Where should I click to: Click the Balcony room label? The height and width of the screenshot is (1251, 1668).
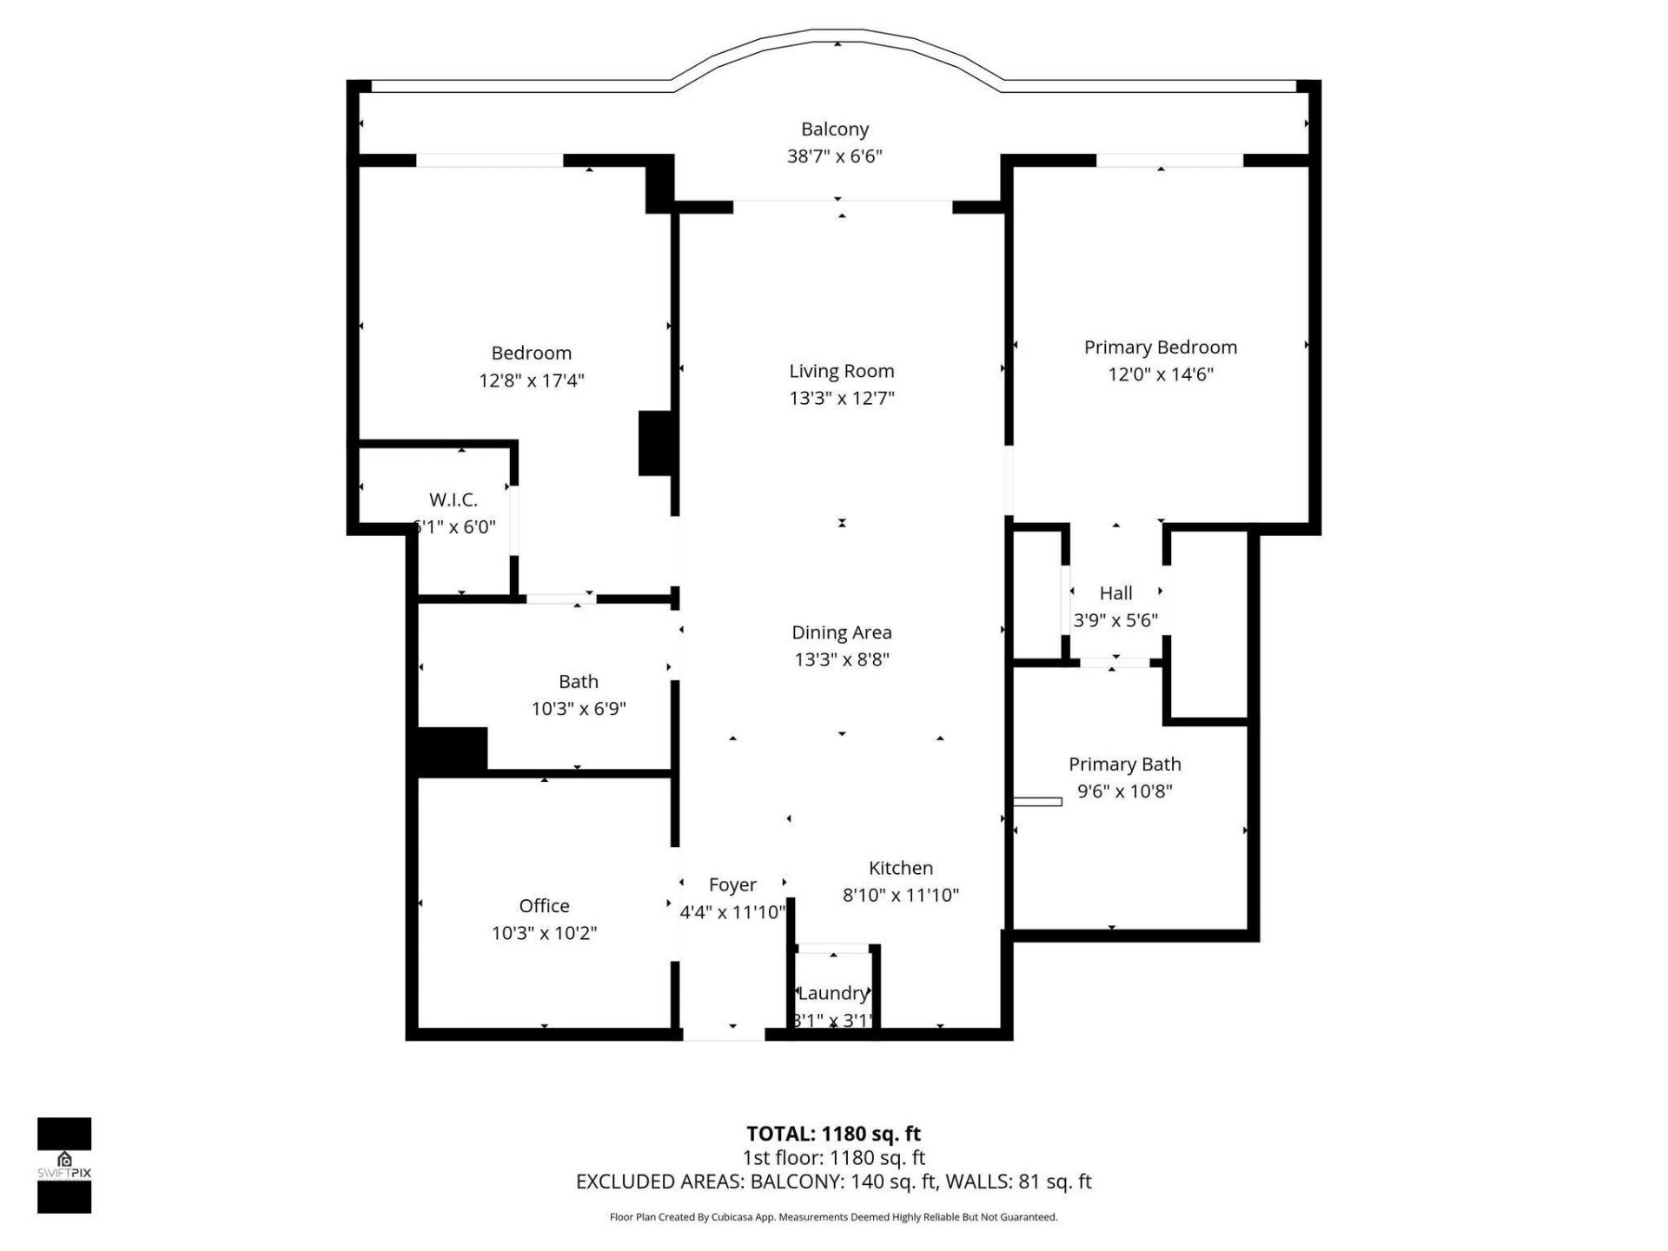834,129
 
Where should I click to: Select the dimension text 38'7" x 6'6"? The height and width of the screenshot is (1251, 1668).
834,156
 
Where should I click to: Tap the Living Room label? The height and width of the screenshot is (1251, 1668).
841,371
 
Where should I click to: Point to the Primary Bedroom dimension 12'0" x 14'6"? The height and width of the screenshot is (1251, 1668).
1160,374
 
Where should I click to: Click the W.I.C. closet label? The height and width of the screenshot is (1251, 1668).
453,500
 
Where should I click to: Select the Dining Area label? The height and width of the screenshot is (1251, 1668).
841,632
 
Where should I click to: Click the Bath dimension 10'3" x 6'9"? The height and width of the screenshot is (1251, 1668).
579,709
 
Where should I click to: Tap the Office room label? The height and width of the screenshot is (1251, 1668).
544,906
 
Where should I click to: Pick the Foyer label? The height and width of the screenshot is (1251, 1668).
732,884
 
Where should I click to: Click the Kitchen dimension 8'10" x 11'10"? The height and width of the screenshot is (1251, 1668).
900,895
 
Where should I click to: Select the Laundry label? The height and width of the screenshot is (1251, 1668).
832,993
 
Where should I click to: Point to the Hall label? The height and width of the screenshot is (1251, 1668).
1115,593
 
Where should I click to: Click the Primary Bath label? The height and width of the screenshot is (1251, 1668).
1124,764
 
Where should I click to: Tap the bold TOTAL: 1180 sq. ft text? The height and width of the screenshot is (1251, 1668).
833,1134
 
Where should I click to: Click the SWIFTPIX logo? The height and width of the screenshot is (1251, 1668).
64,1164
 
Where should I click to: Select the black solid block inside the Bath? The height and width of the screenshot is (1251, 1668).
452,751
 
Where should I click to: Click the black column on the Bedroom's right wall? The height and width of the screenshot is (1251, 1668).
656,443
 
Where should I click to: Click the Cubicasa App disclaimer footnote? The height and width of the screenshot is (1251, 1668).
833,1217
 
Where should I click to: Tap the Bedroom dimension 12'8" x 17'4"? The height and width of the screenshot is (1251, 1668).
531,381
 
